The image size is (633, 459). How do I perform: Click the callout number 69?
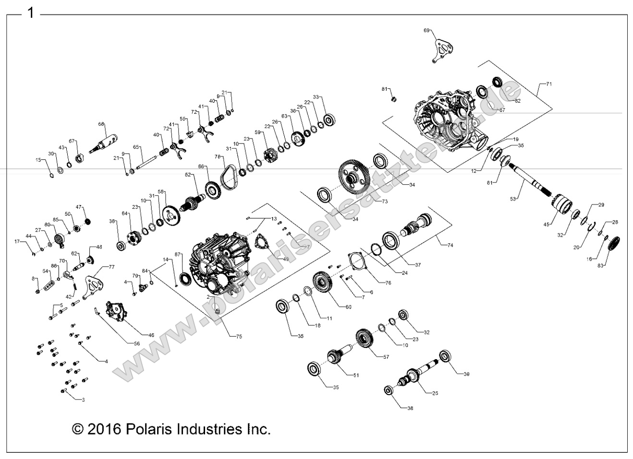tap(426, 30)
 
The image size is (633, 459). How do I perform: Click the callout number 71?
tap(549, 84)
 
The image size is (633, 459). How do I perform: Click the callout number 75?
tap(239, 337)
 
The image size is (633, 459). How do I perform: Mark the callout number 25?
tap(435, 393)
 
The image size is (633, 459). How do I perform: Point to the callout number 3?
tap(83, 399)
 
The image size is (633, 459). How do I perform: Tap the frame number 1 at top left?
tap(31, 13)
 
